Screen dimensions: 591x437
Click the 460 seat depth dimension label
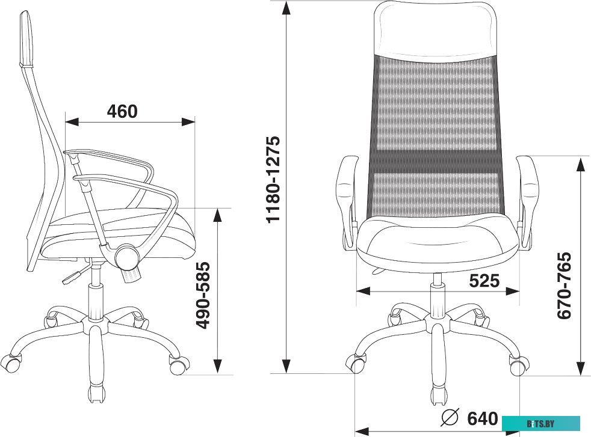point(123,111)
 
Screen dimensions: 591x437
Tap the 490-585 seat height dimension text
point(203,296)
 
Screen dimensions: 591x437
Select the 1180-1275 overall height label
point(273,180)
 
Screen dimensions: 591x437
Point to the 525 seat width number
point(484,281)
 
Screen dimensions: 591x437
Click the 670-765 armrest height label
point(565,286)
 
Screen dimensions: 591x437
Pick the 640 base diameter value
point(483,418)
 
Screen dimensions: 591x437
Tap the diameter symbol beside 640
point(450,417)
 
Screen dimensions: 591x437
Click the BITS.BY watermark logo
point(541,423)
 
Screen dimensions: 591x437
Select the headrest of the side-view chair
point(26,38)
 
